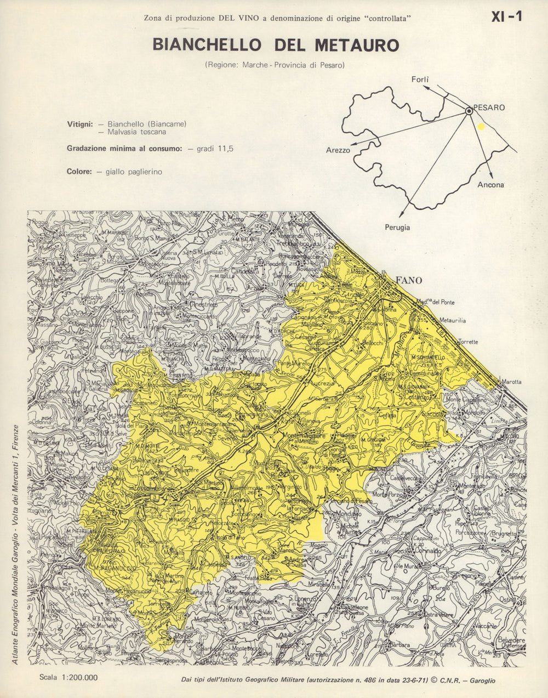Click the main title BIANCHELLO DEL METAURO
[x=276, y=45]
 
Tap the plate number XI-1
[x=506, y=17]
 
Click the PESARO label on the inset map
[x=489, y=107]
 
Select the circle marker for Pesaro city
[x=469, y=111]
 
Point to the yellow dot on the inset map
[x=481, y=126]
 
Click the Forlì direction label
[x=420, y=80]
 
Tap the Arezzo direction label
[x=338, y=150]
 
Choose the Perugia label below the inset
[x=397, y=228]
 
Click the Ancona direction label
[x=490, y=185]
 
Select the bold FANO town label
[x=409, y=280]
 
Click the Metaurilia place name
[x=452, y=320]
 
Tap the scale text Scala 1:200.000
[x=68, y=677]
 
